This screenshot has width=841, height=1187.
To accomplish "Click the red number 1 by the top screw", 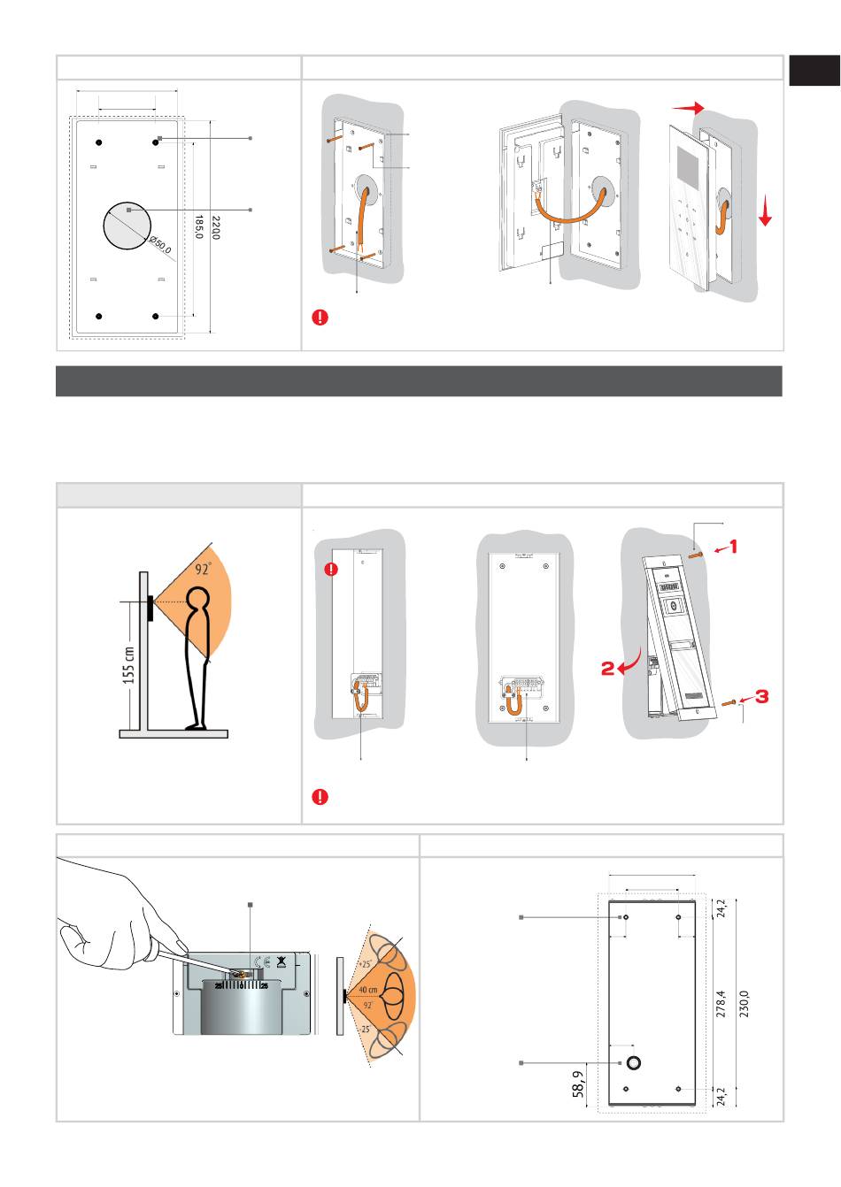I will (x=732, y=547).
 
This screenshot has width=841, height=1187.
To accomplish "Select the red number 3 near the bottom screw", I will (x=760, y=696).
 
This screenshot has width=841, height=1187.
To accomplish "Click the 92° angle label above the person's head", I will (x=204, y=569).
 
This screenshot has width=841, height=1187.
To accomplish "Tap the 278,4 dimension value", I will (x=721, y=1003).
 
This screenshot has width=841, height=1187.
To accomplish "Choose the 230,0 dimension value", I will (x=745, y=1004).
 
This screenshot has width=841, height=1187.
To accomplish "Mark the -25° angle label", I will (x=365, y=1030).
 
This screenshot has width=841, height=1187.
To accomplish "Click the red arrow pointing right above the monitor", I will (x=688, y=107).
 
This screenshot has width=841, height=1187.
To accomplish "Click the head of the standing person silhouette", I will (x=199, y=606).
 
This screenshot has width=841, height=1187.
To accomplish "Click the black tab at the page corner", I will (x=814, y=71).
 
